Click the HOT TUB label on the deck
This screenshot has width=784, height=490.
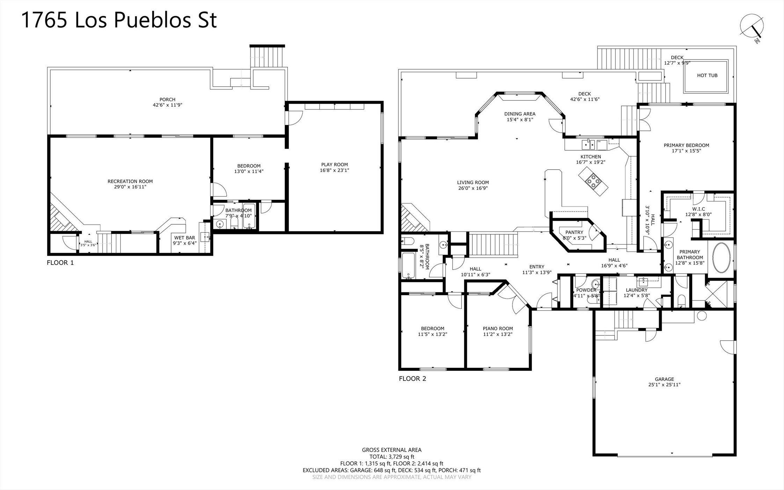point(707,76)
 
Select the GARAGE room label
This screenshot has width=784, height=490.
point(664,379)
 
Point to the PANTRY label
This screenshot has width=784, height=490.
point(574,232)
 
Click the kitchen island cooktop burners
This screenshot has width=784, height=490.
point(593,180)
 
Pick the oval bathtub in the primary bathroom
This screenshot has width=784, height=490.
point(721,257)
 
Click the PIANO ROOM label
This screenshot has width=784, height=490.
point(498,328)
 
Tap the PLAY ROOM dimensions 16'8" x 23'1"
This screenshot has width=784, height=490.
point(334,170)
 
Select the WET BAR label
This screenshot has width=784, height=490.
point(184,238)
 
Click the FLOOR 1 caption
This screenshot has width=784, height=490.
point(60,263)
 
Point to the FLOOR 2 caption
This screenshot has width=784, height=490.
point(413,378)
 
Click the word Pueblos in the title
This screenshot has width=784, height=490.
point(152,20)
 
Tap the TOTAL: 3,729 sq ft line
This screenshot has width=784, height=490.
point(392,457)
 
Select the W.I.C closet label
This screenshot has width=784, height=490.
point(698,209)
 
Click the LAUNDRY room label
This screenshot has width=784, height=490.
point(637,290)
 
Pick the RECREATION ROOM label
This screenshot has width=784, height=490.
point(130,181)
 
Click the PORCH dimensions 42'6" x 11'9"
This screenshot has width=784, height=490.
point(167,105)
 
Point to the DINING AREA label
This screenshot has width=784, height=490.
point(520,114)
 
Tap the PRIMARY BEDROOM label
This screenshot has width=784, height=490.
point(687,145)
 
